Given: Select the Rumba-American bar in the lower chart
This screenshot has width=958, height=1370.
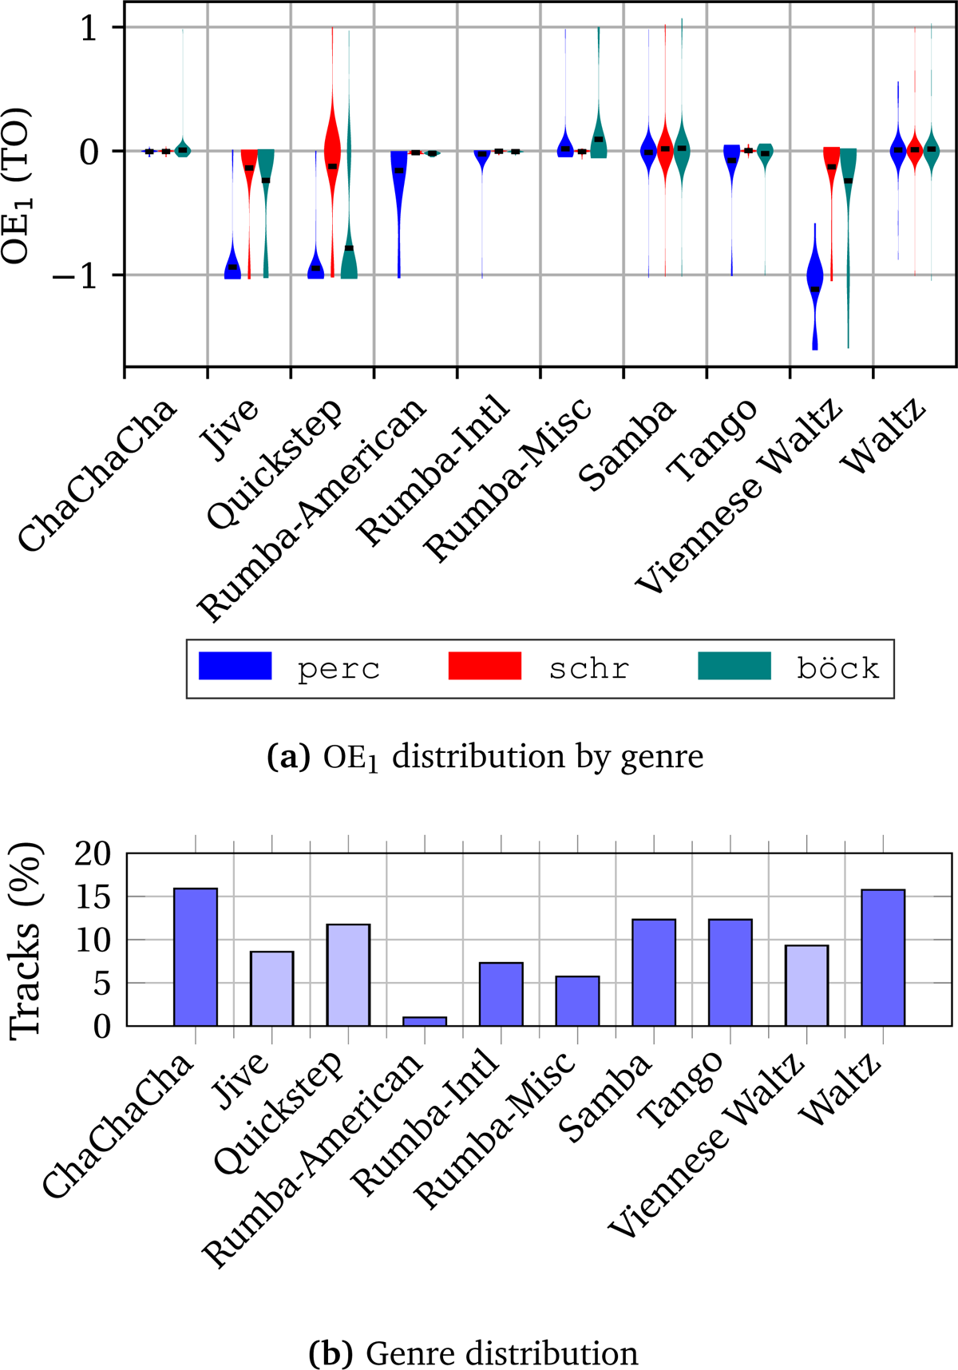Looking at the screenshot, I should [425, 1021].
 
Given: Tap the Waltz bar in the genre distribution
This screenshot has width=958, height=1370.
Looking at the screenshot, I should [883, 957].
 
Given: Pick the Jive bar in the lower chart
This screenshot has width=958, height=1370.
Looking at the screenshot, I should [271, 988].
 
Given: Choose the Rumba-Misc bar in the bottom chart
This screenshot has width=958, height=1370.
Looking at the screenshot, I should [577, 1001].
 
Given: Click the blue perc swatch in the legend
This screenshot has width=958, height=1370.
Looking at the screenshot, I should [236, 666].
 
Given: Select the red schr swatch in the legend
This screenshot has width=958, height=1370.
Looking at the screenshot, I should [485, 666].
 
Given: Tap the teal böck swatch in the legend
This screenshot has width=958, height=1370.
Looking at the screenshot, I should [734, 666].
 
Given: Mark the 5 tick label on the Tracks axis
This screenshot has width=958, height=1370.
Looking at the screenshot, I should [102, 984].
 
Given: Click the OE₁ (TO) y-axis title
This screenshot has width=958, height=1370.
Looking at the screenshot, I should [18, 185].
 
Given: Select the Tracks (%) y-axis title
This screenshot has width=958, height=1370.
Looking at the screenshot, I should [26, 940].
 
